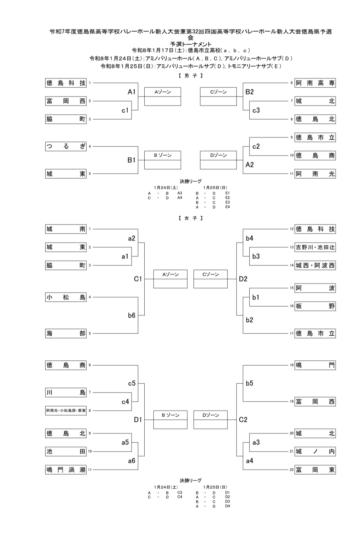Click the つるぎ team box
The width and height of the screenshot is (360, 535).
pos(66,146)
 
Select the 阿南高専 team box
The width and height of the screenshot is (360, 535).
pos(315,83)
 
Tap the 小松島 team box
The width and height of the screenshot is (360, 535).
pos(66,297)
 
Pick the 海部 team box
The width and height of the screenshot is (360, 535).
pos(66,333)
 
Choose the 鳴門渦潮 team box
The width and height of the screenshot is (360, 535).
pos(66,470)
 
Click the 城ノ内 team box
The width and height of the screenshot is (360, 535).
pos(315,452)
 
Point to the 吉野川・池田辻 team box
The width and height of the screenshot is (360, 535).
pos(315,248)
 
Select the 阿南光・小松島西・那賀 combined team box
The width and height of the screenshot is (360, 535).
pos(66,411)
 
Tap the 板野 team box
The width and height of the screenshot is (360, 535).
pos(315,306)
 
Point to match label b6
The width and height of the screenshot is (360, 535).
pos(132,315)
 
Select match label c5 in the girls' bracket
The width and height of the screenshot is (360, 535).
pos(132,383)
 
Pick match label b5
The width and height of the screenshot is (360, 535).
pos(249,383)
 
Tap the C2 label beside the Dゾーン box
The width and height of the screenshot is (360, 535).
pos(243,420)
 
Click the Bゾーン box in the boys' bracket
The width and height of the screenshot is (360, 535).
pos(163,160)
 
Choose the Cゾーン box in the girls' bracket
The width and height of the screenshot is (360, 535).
pos(210,279)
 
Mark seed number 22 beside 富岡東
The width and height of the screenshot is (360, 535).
pos(292,470)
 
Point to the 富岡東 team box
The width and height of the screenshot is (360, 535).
pos(315,470)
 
